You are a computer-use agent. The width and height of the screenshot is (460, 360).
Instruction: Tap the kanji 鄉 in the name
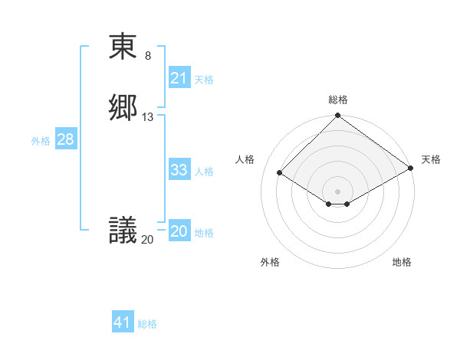click(123, 107)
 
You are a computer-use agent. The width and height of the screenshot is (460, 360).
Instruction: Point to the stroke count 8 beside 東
click(148, 56)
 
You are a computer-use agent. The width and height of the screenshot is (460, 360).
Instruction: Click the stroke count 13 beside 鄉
click(148, 117)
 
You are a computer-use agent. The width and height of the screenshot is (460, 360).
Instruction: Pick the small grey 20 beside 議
click(147, 240)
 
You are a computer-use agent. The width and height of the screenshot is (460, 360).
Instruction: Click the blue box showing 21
click(179, 78)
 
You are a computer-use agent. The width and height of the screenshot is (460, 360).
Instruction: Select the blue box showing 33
click(179, 170)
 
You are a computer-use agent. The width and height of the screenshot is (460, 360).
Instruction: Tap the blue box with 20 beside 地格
click(179, 231)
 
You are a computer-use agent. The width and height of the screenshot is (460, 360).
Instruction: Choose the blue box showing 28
click(64, 139)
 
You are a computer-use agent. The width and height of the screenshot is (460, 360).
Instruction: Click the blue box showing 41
click(123, 322)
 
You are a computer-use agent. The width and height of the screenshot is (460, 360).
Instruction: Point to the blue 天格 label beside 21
click(204, 80)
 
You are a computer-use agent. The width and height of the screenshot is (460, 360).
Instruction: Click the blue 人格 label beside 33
click(204, 172)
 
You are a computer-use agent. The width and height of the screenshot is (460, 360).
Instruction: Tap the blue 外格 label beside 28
click(41, 141)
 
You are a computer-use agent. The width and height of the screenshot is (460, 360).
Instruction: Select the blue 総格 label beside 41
click(147, 324)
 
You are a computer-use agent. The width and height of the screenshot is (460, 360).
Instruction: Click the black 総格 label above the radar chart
click(337, 100)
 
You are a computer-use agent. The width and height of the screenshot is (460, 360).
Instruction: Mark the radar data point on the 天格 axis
click(410, 168)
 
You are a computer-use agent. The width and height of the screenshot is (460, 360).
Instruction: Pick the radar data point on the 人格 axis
click(280, 173)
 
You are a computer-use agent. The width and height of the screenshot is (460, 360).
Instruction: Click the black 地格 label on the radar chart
click(402, 262)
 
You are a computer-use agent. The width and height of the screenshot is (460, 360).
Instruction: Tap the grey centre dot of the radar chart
click(337, 191)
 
